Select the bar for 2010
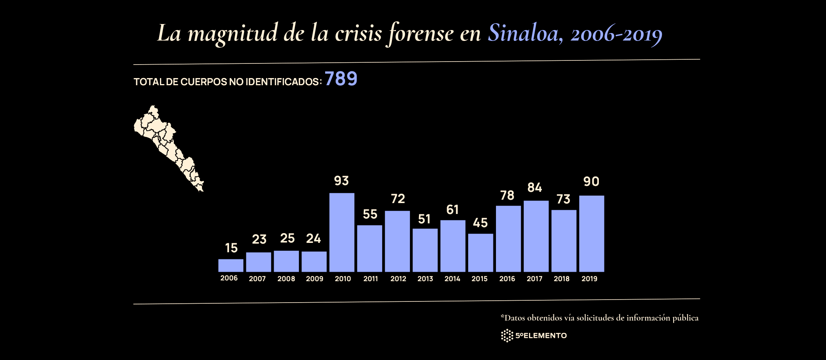(342, 232)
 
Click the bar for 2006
(231, 265)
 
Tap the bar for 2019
(591, 233)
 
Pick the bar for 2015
(481, 253)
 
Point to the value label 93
(341, 181)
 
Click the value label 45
(480, 223)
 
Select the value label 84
(535, 188)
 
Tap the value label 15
(231, 248)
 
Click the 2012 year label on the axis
(398, 279)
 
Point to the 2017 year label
(534, 279)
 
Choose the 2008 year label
(286, 279)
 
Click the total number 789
(341, 79)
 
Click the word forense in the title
(421, 33)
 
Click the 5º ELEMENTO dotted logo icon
(507, 336)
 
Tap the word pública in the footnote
(685, 318)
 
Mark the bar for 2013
(425, 250)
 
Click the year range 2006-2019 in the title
(616, 34)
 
